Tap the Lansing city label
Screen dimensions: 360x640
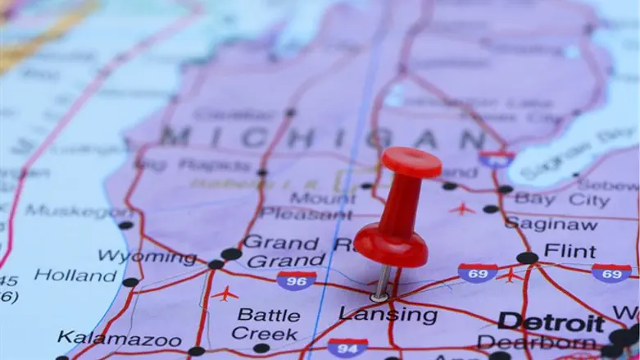(388, 314)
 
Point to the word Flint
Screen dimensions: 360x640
(570, 250)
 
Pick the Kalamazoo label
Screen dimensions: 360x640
(120, 338)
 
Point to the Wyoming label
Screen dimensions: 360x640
(148, 257)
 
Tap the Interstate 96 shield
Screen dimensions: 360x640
(296, 280)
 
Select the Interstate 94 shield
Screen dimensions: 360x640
(347, 347)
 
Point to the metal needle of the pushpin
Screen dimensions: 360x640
(382, 281)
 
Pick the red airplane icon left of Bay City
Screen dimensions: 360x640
(462, 208)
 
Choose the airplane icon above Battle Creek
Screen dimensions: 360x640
(224, 294)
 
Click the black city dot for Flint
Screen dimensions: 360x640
(527, 257)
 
